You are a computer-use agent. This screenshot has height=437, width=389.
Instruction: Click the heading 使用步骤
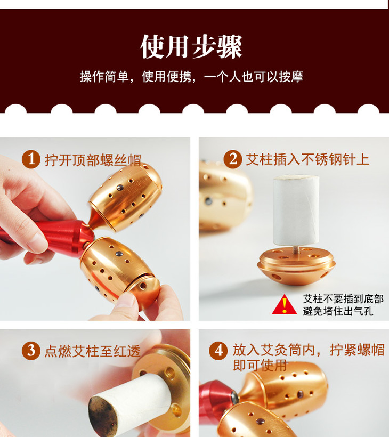point(191,46)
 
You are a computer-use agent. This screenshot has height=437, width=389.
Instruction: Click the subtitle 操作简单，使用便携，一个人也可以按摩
point(191,77)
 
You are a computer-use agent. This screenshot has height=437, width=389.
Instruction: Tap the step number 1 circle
point(31,159)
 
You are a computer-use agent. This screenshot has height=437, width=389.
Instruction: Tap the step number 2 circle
point(233,159)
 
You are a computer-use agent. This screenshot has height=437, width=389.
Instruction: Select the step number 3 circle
point(31,351)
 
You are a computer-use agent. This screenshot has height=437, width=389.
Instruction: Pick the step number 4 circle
point(218,351)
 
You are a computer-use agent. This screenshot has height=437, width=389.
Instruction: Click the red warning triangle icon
point(284,304)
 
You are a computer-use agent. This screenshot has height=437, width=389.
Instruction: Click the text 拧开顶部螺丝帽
point(93,160)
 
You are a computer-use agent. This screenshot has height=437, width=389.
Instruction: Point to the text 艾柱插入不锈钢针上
point(307,159)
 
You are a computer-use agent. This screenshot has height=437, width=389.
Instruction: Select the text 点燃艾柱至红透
point(92,351)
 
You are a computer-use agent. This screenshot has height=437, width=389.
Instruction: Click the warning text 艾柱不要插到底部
point(343,299)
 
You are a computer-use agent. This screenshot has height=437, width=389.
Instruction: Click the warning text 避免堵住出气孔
point(338,311)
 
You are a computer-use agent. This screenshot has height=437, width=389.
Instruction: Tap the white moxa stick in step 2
point(296,210)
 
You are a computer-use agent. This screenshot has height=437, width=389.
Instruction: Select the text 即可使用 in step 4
point(260,366)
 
